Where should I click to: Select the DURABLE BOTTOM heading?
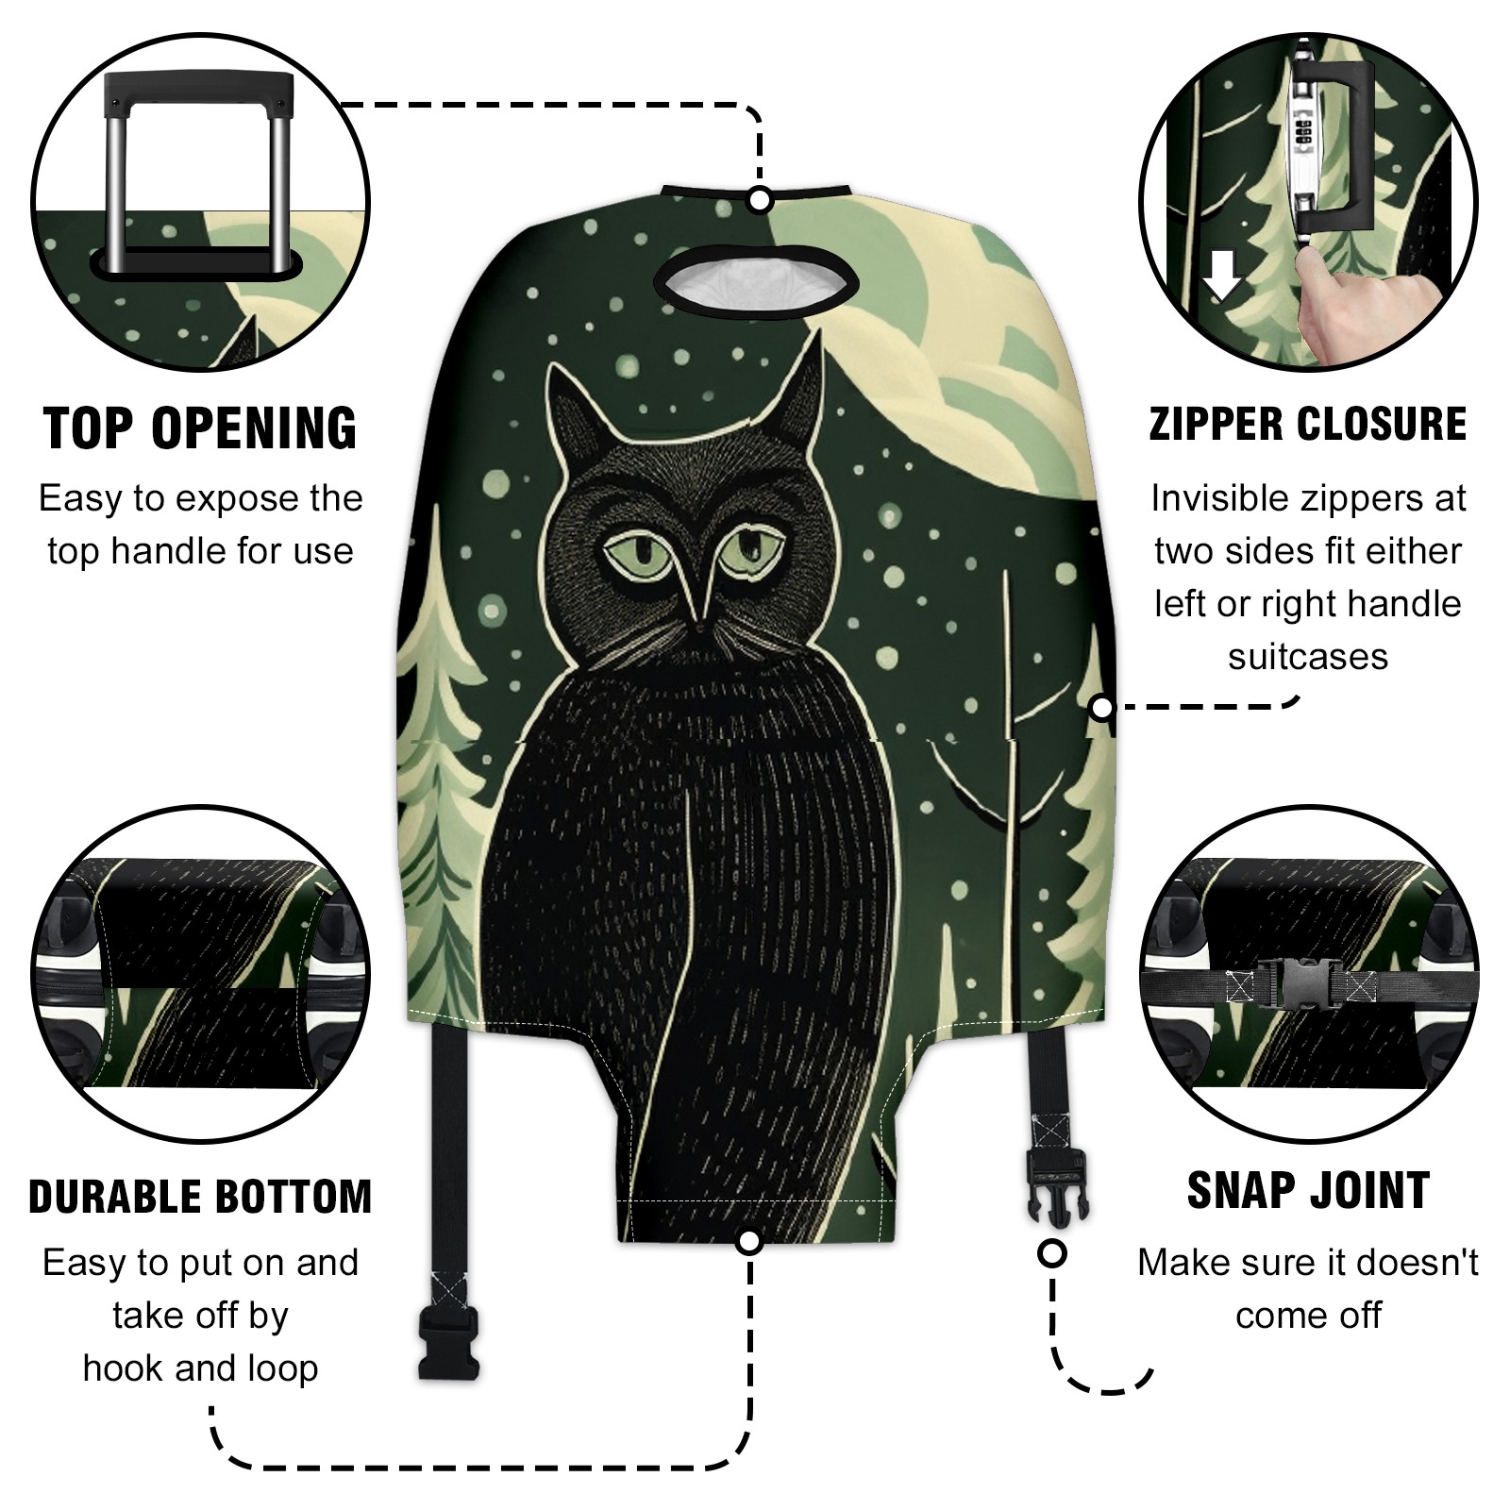(200, 1197)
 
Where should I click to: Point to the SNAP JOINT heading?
(1308, 1190)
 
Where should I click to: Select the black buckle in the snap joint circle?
(1306, 978)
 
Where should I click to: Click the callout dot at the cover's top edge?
(761, 200)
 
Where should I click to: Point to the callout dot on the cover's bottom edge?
(749, 1241)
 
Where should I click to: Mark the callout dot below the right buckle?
(1052, 1254)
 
